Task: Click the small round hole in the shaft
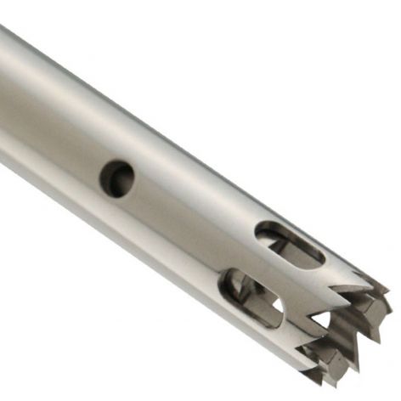[117, 178]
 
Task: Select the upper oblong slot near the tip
[290, 241]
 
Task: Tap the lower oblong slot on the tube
[251, 297]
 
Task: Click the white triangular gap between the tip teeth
[322, 319]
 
